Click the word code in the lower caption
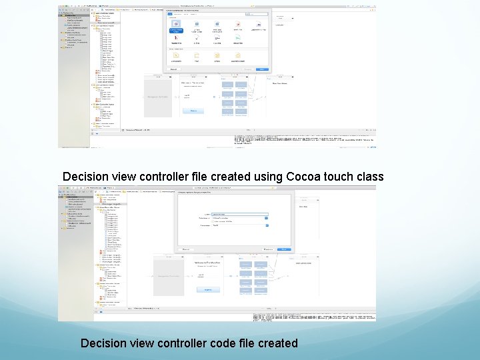point(216,343)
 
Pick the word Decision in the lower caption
point(103,343)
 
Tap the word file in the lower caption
point(241,343)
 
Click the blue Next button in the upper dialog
point(263,69)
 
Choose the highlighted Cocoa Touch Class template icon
point(176,30)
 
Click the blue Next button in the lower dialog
point(284,249)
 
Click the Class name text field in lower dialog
point(240,214)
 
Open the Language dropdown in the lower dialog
point(240,225)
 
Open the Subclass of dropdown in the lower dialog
point(240,218)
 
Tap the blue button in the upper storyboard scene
point(193,110)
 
